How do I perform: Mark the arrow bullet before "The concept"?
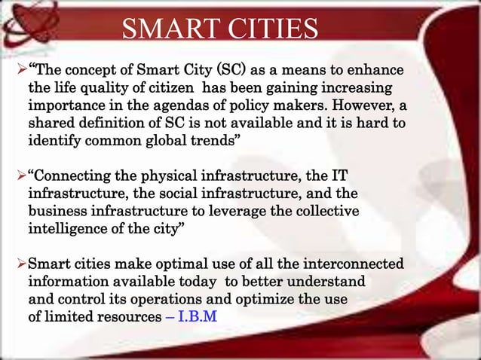point(20,72)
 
